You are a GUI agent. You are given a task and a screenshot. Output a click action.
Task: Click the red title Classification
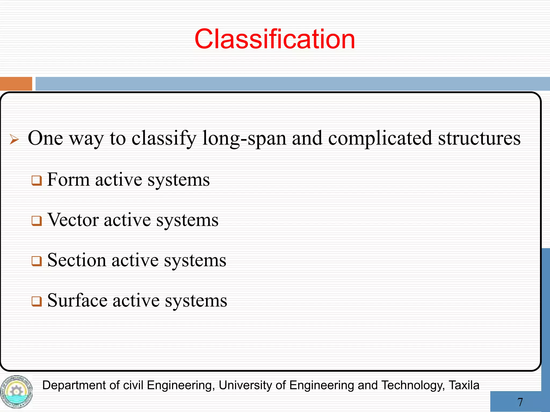(x=275, y=39)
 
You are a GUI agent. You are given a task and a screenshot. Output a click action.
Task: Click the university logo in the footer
(x=16, y=392)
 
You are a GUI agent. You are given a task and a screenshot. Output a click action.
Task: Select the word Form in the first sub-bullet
(x=68, y=179)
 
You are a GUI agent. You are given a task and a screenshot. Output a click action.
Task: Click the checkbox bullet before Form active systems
(x=37, y=181)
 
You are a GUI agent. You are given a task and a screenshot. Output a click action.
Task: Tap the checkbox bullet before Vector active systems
(x=37, y=221)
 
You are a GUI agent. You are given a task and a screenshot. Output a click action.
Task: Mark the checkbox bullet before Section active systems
(x=37, y=261)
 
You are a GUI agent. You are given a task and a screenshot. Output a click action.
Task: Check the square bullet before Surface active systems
(x=37, y=301)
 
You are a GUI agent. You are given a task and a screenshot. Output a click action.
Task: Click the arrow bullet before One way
(x=14, y=139)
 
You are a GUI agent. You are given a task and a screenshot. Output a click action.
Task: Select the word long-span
(x=244, y=139)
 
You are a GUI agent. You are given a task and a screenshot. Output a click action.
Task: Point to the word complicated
(x=380, y=139)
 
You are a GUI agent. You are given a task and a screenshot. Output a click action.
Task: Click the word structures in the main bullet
(x=479, y=139)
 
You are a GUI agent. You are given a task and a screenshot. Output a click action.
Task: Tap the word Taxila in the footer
(x=464, y=385)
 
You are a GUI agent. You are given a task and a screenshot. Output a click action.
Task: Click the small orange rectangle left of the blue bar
(x=16, y=84)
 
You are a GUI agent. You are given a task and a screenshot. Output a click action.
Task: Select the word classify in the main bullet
(x=164, y=139)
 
